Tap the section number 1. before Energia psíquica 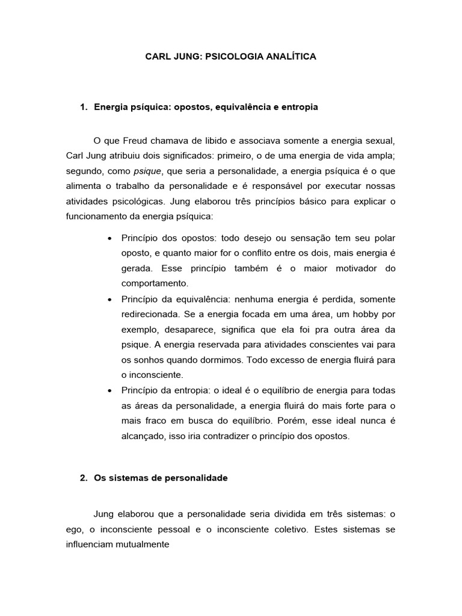(84, 107)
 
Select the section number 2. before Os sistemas (84, 478)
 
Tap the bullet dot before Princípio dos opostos (109, 239)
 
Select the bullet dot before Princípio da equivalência (109, 300)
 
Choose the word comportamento (156, 283)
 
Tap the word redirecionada (151, 315)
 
